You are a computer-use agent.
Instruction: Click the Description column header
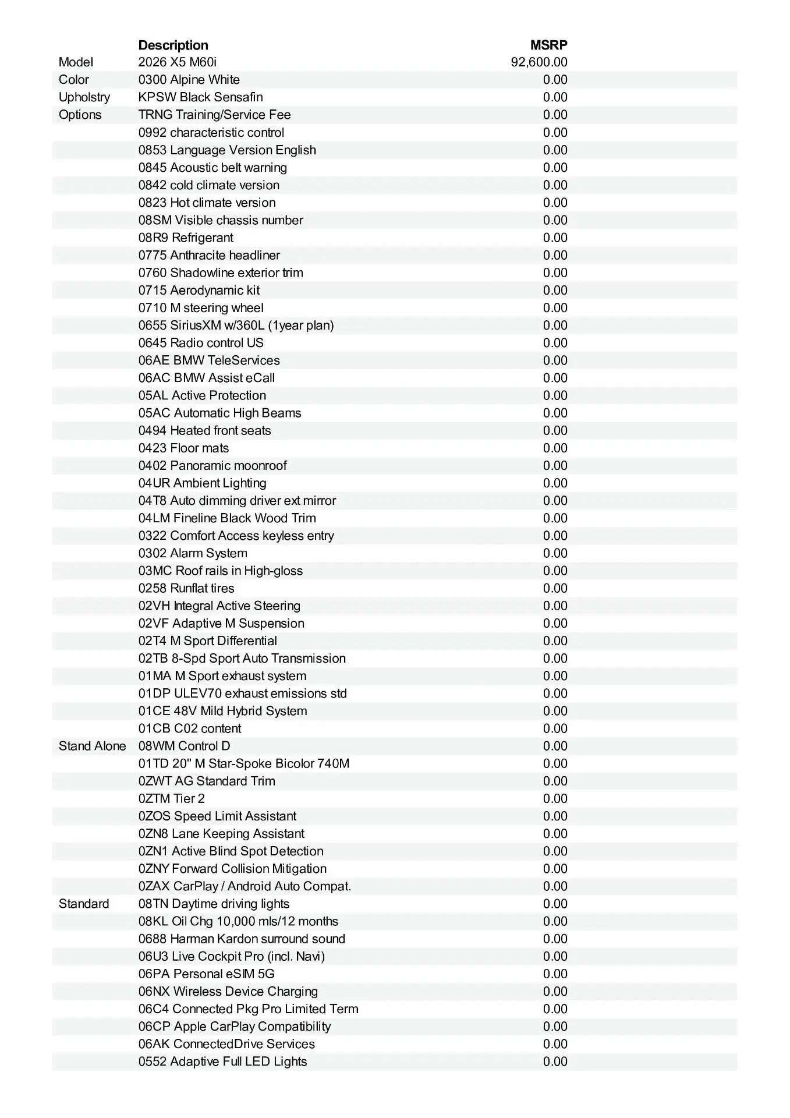[x=173, y=45]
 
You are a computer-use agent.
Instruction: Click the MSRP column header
[x=548, y=45]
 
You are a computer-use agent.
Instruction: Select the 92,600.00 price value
[x=539, y=62]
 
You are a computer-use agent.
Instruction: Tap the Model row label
[x=76, y=62]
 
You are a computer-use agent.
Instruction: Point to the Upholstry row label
[x=84, y=97]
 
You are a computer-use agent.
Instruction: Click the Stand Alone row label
[x=92, y=746]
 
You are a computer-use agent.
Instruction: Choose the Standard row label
[x=84, y=904]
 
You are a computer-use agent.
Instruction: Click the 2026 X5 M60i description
[x=178, y=62]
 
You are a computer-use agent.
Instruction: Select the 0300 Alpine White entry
[x=189, y=80]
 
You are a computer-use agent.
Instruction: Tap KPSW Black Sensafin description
[x=200, y=97]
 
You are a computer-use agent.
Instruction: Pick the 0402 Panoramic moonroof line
[x=212, y=465]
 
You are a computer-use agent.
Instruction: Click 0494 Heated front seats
[x=204, y=430]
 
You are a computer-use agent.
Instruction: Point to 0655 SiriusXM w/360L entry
[x=236, y=325]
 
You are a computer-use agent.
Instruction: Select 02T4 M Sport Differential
[x=207, y=641]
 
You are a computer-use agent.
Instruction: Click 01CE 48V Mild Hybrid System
[x=222, y=711]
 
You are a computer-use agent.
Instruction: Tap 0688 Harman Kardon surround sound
[x=242, y=939]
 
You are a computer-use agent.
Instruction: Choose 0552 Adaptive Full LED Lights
[x=222, y=1062]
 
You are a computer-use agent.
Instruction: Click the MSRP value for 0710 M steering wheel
[x=555, y=307]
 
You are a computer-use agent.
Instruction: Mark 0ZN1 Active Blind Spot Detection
[x=231, y=851]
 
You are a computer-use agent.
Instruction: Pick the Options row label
[x=80, y=115]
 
